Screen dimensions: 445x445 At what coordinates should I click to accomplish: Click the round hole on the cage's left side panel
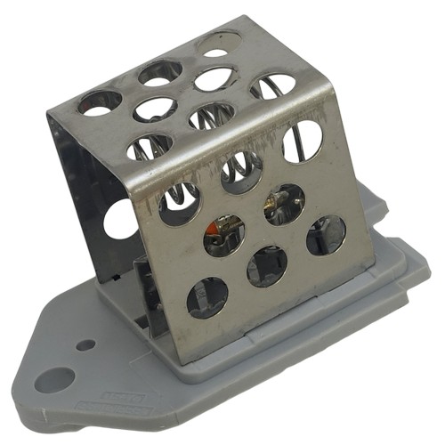pos(121,219)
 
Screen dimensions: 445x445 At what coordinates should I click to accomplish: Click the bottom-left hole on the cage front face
pos(206,297)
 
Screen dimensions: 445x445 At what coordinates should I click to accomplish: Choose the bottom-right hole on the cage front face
pos(325,235)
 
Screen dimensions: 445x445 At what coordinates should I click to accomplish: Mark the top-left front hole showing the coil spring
pos(179,204)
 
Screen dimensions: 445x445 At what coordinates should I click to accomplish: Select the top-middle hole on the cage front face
pos(241,172)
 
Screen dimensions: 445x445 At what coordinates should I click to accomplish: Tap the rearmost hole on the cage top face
pos(219,43)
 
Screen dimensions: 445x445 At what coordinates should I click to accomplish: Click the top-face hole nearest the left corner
pos(99,101)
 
